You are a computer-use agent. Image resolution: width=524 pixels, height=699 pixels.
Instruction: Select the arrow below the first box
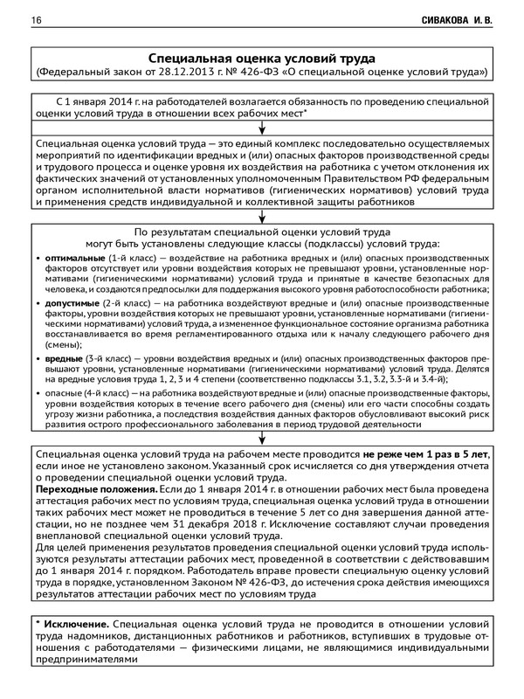pyautogui.click(x=262, y=128)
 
